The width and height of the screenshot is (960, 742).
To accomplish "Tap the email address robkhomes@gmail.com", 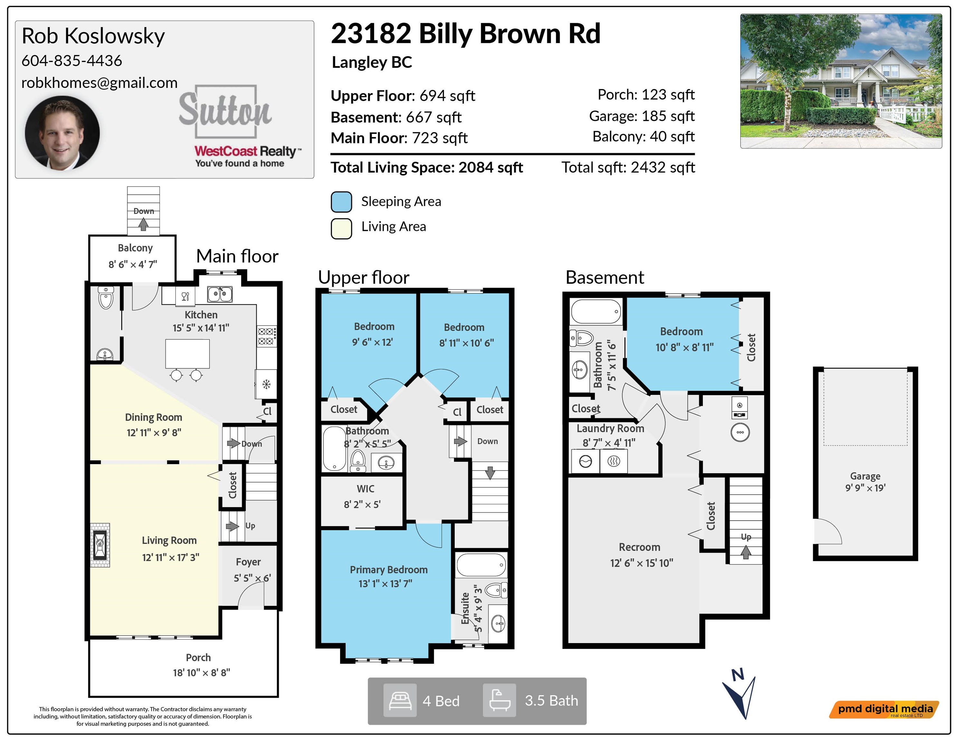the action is click(x=99, y=83).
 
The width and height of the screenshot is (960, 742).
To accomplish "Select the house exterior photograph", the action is click(x=841, y=81).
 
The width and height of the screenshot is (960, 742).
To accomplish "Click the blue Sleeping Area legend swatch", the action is click(x=341, y=202).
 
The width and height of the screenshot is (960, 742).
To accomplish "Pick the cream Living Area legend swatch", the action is click(x=341, y=228).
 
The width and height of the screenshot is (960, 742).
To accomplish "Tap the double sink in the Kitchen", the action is click(x=220, y=294).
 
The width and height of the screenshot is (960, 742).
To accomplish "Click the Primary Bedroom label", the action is click(x=389, y=569).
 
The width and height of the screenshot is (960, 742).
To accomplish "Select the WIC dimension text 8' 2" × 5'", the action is click(x=362, y=504).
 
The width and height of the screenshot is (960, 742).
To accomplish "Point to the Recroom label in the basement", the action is click(x=640, y=547).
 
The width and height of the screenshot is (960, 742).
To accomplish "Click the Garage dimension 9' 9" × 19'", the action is click(x=865, y=488).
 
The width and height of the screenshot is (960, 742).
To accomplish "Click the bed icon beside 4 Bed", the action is click(x=400, y=700).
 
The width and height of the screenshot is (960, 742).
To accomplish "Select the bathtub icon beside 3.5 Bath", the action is click(x=499, y=700).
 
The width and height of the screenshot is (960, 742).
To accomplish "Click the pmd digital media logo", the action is click(x=884, y=709).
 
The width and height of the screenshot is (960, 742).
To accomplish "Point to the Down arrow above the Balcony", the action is click(x=143, y=224).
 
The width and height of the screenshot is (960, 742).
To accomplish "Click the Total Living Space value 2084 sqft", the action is click(x=490, y=167).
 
